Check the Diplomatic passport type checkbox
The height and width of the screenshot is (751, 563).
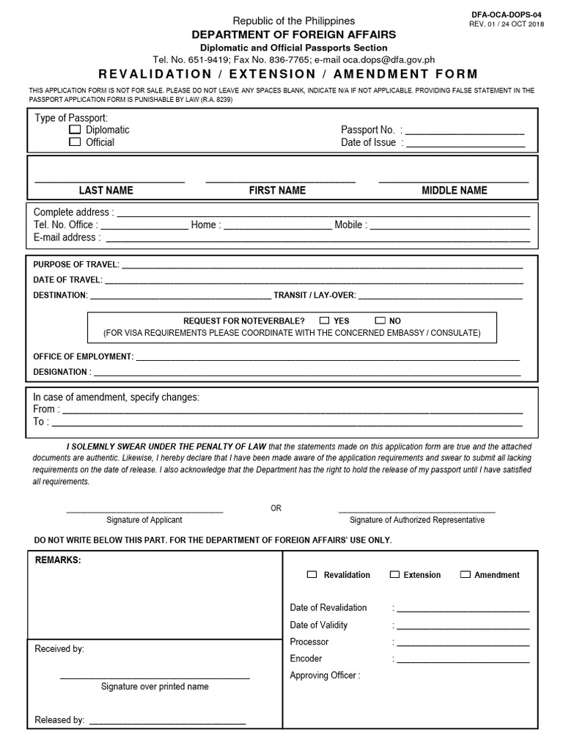[x=75, y=130]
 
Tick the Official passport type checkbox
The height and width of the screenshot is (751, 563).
[x=75, y=142]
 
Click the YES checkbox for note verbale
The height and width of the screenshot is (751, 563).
[x=325, y=320]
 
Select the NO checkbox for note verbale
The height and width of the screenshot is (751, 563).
[x=380, y=320]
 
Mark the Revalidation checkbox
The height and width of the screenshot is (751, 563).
[x=312, y=575]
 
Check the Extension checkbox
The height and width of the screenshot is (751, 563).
[x=395, y=575]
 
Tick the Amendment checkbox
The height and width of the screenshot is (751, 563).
[x=466, y=575]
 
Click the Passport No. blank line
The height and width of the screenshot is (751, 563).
[x=465, y=132]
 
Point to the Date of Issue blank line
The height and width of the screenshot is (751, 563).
[x=465, y=144]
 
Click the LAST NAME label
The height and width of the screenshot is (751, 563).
[x=106, y=191]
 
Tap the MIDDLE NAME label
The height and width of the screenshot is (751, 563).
[x=454, y=191]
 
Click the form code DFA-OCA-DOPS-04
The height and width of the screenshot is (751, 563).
[x=506, y=14]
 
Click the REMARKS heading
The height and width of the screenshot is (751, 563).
[x=58, y=560]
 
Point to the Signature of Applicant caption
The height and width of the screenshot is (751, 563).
[x=144, y=520]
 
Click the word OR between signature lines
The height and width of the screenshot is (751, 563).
[x=276, y=508]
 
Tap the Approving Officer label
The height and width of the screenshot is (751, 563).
[x=325, y=675]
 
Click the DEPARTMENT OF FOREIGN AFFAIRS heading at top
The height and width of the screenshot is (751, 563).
[x=293, y=34]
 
